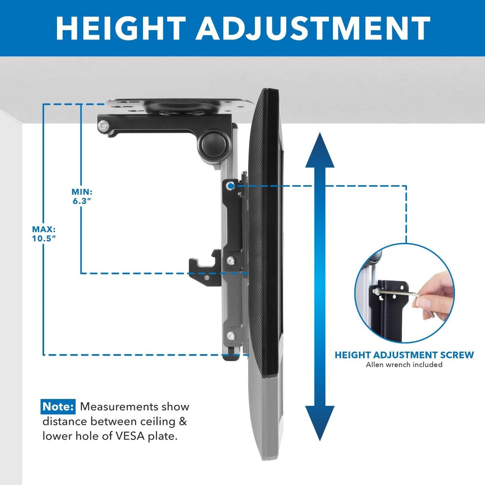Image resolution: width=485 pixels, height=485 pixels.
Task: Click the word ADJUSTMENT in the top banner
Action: (x=313, y=28)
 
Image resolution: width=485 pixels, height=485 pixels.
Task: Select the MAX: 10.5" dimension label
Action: (x=44, y=234)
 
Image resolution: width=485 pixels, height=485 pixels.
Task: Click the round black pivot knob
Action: (x=214, y=144)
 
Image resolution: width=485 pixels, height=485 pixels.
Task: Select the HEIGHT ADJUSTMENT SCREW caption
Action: (x=404, y=355)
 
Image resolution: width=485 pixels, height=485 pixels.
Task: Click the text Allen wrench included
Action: (x=404, y=365)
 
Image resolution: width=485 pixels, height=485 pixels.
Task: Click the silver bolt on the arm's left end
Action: (x=103, y=125)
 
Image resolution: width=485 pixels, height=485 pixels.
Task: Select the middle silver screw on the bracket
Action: (x=230, y=261)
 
